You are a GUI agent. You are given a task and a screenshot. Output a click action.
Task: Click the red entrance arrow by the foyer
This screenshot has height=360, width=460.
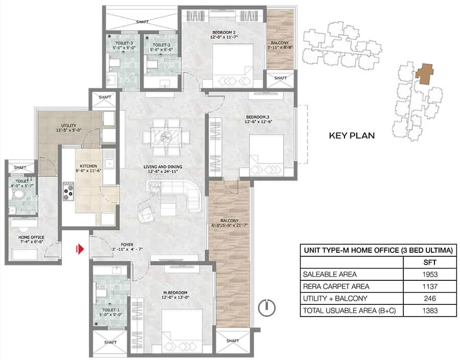(x=80, y=249)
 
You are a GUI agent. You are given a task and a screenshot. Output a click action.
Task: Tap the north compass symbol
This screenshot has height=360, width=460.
(x=267, y=308)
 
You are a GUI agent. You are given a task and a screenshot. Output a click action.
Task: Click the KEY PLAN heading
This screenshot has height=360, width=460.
(x=352, y=135)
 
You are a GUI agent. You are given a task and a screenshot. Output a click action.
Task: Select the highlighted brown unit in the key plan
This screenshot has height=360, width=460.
(x=424, y=74)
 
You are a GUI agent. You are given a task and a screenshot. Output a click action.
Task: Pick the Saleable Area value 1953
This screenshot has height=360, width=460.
(x=430, y=274)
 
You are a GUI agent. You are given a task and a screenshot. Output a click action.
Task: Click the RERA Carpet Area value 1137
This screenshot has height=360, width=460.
(x=430, y=286)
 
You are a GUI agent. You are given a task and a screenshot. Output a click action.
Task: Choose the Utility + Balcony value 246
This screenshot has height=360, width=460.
(x=430, y=298)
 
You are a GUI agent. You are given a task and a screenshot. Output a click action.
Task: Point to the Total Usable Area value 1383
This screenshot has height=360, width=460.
(x=430, y=310)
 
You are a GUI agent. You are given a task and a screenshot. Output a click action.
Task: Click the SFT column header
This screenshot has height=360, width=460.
(x=430, y=262)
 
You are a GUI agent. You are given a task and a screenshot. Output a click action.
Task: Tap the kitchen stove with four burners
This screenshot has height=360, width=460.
(x=68, y=191)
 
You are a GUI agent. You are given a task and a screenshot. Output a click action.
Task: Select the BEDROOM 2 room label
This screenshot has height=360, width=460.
(x=224, y=32)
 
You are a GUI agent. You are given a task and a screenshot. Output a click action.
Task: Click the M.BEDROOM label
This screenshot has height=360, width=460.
(x=175, y=293)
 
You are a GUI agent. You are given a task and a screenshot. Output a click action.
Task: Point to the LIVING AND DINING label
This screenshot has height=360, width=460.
(x=163, y=167)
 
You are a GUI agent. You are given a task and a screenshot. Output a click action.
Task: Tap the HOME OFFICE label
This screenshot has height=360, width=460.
(x=31, y=237)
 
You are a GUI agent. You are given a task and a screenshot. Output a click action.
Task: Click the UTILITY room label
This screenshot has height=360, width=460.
(x=68, y=126)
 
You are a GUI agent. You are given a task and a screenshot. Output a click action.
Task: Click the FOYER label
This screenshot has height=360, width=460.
(x=127, y=245)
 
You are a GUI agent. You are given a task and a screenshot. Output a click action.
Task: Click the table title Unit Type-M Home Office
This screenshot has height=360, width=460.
(x=378, y=250)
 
